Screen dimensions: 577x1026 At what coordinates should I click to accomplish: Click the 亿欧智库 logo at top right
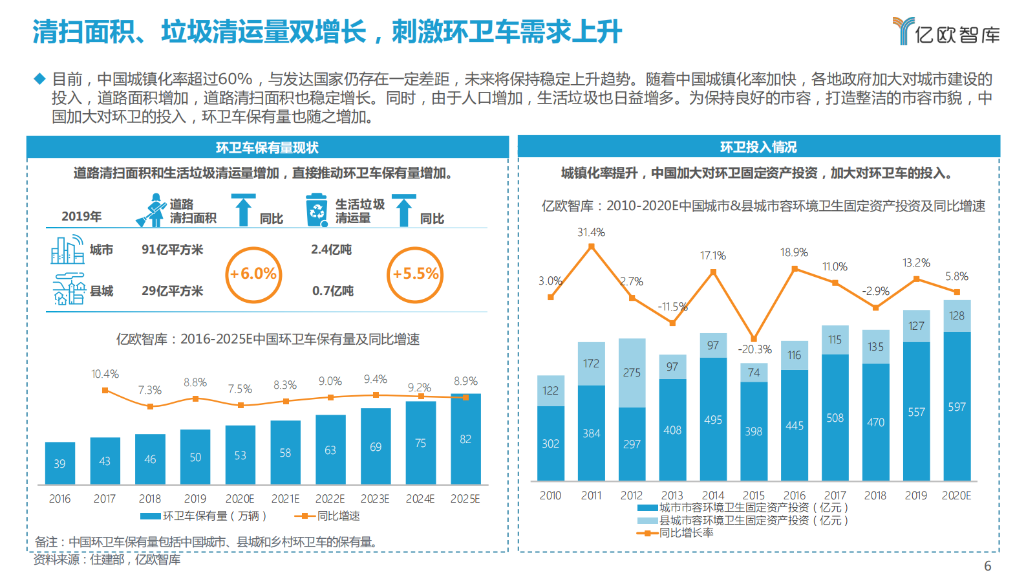946,31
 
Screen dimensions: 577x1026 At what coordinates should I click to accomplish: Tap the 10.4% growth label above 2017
105,374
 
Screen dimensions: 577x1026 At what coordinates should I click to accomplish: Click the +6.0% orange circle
253,274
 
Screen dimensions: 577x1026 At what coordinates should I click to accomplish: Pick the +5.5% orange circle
415,274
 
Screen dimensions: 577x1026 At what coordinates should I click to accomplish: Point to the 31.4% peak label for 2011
591,232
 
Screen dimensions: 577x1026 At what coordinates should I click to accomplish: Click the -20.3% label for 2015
754,349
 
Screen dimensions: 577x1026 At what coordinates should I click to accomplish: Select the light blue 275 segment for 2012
632,373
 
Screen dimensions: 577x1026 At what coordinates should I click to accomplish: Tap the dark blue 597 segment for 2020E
957,406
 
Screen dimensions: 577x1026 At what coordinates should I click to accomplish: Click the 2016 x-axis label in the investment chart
794,495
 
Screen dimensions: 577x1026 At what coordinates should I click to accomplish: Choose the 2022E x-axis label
330,499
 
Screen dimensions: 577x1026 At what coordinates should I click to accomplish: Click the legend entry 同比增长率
685,533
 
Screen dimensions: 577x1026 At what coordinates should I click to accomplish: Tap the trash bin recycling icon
317,210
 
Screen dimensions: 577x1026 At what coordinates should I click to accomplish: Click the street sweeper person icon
152,210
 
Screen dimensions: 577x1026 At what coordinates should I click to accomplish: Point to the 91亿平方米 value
172,250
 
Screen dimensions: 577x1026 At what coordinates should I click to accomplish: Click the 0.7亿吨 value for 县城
332,291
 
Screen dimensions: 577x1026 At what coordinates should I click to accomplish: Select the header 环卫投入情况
758,147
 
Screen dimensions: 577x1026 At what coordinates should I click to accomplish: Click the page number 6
987,566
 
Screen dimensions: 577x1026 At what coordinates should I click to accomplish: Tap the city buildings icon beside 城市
67,250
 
